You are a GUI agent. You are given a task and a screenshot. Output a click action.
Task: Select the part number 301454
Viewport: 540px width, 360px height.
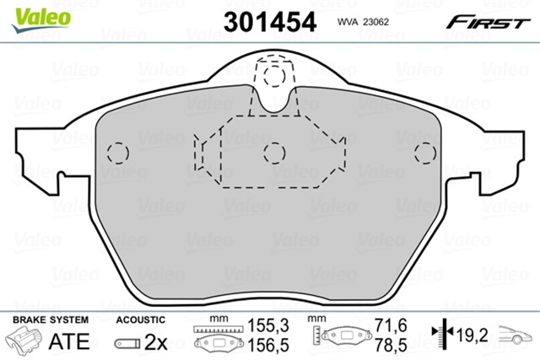tap(269, 21)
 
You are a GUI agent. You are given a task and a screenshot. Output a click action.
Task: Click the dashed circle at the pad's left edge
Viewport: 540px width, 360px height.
tap(116, 153)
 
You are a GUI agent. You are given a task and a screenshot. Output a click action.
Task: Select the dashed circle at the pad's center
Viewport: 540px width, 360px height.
tap(272, 153)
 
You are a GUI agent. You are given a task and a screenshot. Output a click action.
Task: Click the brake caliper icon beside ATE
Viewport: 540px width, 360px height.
tap(24, 341)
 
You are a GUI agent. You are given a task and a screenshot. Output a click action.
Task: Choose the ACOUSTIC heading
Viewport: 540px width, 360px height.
tap(139, 320)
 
